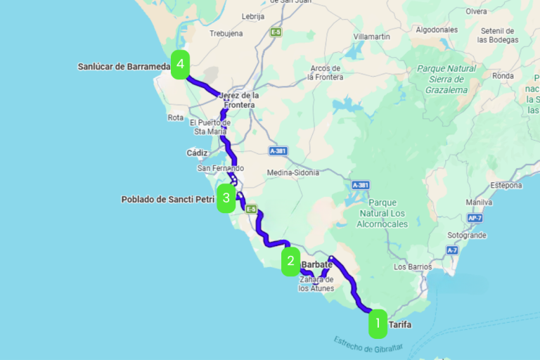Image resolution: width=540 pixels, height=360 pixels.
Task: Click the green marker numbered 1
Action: [x=378, y=324]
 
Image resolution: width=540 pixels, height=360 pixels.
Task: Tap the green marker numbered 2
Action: [x=290, y=262]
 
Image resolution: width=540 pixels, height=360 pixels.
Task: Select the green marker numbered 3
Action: [x=226, y=198]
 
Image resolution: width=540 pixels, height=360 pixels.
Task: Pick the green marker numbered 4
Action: [x=181, y=65]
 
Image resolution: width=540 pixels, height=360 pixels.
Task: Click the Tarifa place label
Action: [x=399, y=325]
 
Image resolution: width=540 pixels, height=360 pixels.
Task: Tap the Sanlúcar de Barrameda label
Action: [x=123, y=67]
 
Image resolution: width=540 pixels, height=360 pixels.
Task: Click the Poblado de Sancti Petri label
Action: [x=167, y=200]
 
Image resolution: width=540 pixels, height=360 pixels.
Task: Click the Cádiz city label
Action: [x=197, y=153]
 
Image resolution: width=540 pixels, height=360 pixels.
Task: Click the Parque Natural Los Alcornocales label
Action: [x=382, y=213]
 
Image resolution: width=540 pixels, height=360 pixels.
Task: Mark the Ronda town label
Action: [x=503, y=75]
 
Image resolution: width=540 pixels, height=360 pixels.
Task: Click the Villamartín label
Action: [x=372, y=36]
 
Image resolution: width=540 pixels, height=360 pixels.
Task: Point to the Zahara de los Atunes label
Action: [x=316, y=283]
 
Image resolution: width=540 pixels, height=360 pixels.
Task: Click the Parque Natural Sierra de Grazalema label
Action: [x=446, y=79]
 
